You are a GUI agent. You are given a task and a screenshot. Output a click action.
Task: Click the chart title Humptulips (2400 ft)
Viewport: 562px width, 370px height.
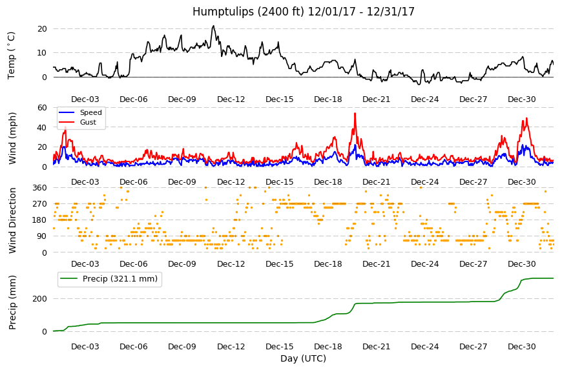click(x=248, y=12)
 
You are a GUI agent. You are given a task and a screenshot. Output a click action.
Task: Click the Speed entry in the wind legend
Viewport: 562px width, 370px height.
click(x=90, y=112)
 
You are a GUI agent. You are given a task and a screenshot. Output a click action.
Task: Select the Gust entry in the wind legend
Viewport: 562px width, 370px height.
click(x=88, y=122)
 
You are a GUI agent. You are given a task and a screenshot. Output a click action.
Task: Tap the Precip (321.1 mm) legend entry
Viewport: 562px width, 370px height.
click(x=120, y=279)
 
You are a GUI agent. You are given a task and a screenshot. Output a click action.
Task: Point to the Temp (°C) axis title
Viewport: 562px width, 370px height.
click(x=12, y=56)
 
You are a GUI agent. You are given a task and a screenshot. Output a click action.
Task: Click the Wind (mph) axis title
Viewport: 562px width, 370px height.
click(x=12, y=138)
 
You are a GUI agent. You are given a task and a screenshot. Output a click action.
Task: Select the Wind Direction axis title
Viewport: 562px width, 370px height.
click(x=12, y=220)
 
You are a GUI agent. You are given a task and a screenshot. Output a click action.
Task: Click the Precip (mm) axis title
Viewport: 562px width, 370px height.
click(x=12, y=302)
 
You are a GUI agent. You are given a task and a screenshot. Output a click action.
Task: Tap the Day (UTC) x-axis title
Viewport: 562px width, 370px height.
click(x=303, y=358)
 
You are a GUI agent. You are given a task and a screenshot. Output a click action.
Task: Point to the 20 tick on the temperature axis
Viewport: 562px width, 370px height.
click(x=42, y=28)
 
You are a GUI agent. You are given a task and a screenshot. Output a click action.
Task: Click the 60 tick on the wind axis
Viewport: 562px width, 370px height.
click(x=42, y=107)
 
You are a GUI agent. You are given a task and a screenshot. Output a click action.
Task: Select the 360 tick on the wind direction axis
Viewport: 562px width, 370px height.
click(x=40, y=188)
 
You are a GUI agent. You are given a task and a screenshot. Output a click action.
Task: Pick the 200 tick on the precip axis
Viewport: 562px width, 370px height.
click(x=40, y=299)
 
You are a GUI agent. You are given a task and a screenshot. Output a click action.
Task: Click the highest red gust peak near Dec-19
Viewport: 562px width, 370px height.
click(x=355, y=114)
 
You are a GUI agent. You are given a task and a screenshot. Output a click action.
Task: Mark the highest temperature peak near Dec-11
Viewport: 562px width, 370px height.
click(x=214, y=26)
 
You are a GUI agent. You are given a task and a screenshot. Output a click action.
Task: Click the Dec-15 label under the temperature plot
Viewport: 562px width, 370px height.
click(x=280, y=99)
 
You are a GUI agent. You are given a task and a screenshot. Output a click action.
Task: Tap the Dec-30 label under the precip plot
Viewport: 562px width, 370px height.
click(x=522, y=346)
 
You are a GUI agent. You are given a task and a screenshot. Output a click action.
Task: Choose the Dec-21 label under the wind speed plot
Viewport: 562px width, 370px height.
click(x=377, y=181)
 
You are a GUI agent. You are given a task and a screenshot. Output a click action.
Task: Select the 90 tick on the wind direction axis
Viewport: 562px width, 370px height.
click(x=42, y=236)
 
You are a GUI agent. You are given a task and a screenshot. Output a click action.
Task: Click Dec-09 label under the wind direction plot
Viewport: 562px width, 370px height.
click(x=182, y=264)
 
